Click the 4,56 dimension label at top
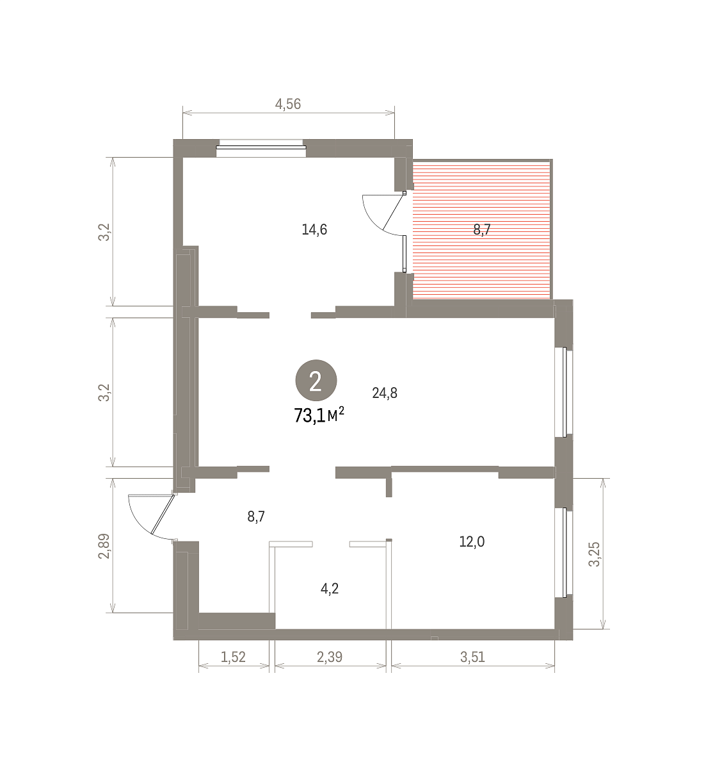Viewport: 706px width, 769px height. (288, 104)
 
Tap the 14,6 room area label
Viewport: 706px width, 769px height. (314, 229)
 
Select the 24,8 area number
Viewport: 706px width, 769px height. (385, 393)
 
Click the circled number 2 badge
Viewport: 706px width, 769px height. (316, 381)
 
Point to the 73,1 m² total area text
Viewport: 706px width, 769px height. (319, 415)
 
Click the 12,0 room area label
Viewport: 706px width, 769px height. (472, 542)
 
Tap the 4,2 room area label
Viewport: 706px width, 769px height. (330, 588)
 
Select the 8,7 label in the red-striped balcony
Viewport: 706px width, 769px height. (482, 229)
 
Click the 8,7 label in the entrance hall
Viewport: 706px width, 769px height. (256, 517)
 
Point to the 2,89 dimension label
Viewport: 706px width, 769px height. (104, 546)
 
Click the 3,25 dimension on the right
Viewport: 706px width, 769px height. (595, 554)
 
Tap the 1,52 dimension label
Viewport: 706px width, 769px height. (233, 657)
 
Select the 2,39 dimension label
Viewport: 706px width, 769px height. (330, 657)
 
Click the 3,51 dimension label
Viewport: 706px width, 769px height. (472, 657)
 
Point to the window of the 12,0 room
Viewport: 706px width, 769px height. (565, 552)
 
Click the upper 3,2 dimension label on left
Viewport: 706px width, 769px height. (104, 232)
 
